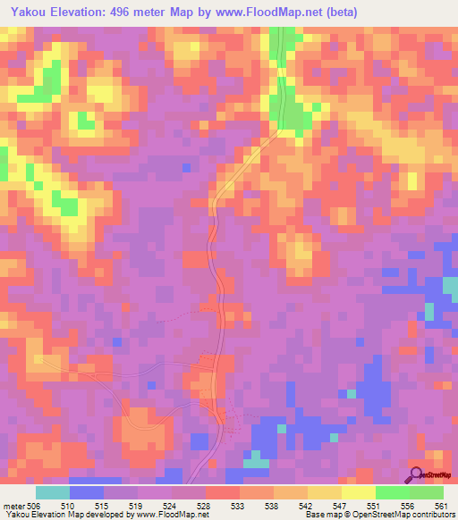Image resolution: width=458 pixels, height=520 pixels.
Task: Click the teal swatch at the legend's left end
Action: [x=53, y=492]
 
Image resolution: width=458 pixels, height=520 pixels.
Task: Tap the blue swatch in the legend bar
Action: [x=87, y=492]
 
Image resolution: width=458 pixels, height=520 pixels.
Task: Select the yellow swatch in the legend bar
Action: [x=359, y=492]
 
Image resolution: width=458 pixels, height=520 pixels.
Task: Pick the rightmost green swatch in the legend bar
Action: [x=427, y=492]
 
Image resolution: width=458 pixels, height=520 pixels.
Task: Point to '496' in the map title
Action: [x=128, y=13]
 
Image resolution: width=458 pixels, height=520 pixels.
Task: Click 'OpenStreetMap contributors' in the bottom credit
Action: [x=403, y=514]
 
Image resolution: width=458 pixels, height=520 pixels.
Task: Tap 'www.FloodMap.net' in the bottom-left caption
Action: [x=171, y=514]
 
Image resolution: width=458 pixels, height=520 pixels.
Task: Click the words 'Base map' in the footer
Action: [x=320, y=514]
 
